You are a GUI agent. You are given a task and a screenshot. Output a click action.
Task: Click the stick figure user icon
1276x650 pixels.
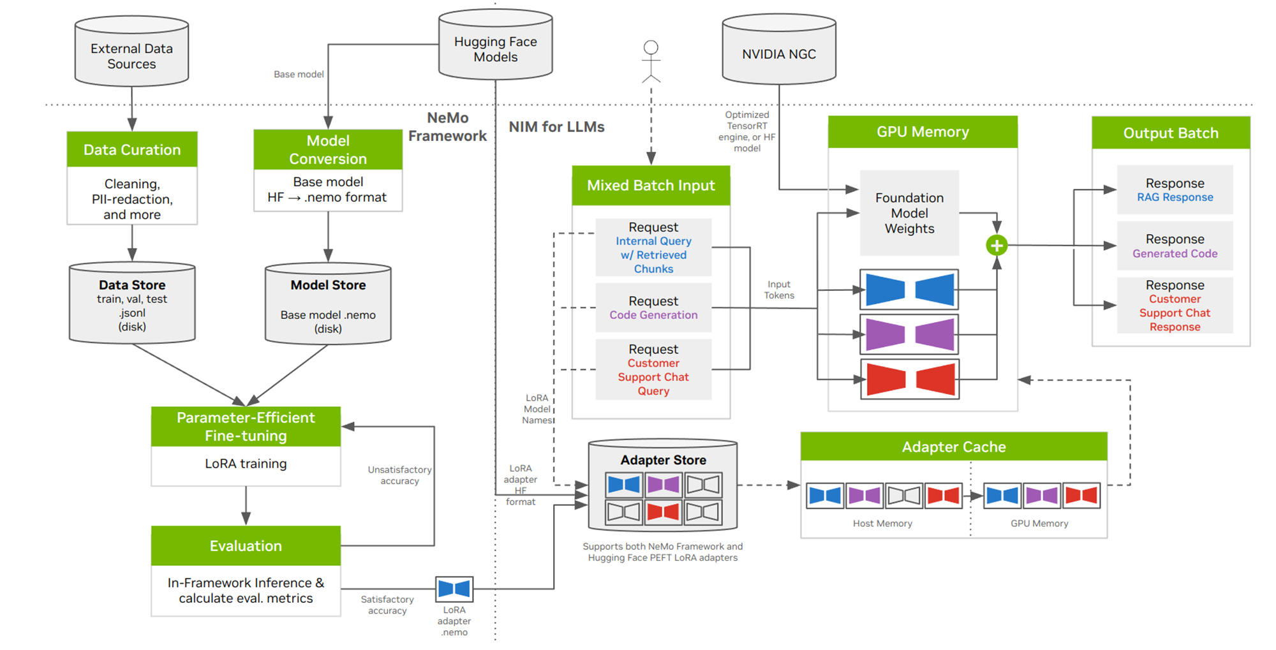pyautogui.click(x=651, y=61)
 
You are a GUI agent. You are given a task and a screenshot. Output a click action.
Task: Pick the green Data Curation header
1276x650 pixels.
pyautogui.click(x=132, y=149)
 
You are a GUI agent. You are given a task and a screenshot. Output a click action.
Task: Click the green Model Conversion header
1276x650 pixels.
pyautogui.click(x=328, y=149)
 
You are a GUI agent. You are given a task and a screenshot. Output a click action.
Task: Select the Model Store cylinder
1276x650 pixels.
pyautogui.click(x=328, y=305)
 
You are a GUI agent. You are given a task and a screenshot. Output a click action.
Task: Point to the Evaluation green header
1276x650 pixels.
pyautogui.click(x=246, y=546)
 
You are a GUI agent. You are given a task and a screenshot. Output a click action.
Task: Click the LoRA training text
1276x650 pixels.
pyautogui.click(x=246, y=464)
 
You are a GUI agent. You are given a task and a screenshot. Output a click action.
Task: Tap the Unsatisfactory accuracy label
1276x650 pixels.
pyautogui.click(x=399, y=475)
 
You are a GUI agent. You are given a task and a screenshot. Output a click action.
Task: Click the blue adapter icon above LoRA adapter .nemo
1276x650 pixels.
pyautogui.click(x=454, y=589)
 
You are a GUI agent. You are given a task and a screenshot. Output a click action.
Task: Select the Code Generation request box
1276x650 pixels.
pyautogui.click(x=653, y=307)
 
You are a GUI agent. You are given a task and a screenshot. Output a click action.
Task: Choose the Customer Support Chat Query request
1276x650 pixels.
pyautogui.click(x=653, y=370)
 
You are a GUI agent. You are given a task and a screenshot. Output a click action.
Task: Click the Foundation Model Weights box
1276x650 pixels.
pyautogui.click(x=909, y=213)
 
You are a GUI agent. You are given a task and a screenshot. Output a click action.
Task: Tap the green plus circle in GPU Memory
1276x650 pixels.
pyautogui.click(x=997, y=245)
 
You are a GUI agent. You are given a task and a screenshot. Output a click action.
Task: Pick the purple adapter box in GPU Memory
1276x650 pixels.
pyautogui.click(x=909, y=334)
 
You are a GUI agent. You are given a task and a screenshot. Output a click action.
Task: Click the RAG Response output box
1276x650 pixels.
pyautogui.click(x=1175, y=190)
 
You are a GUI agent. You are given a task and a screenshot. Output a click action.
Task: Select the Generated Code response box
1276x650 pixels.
pyautogui.click(x=1175, y=246)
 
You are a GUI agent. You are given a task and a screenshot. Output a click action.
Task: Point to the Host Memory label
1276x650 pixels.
pyautogui.click(x=882, y=524)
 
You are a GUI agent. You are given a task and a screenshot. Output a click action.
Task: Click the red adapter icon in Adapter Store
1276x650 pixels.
pyautogui.click(x=663, y=512)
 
